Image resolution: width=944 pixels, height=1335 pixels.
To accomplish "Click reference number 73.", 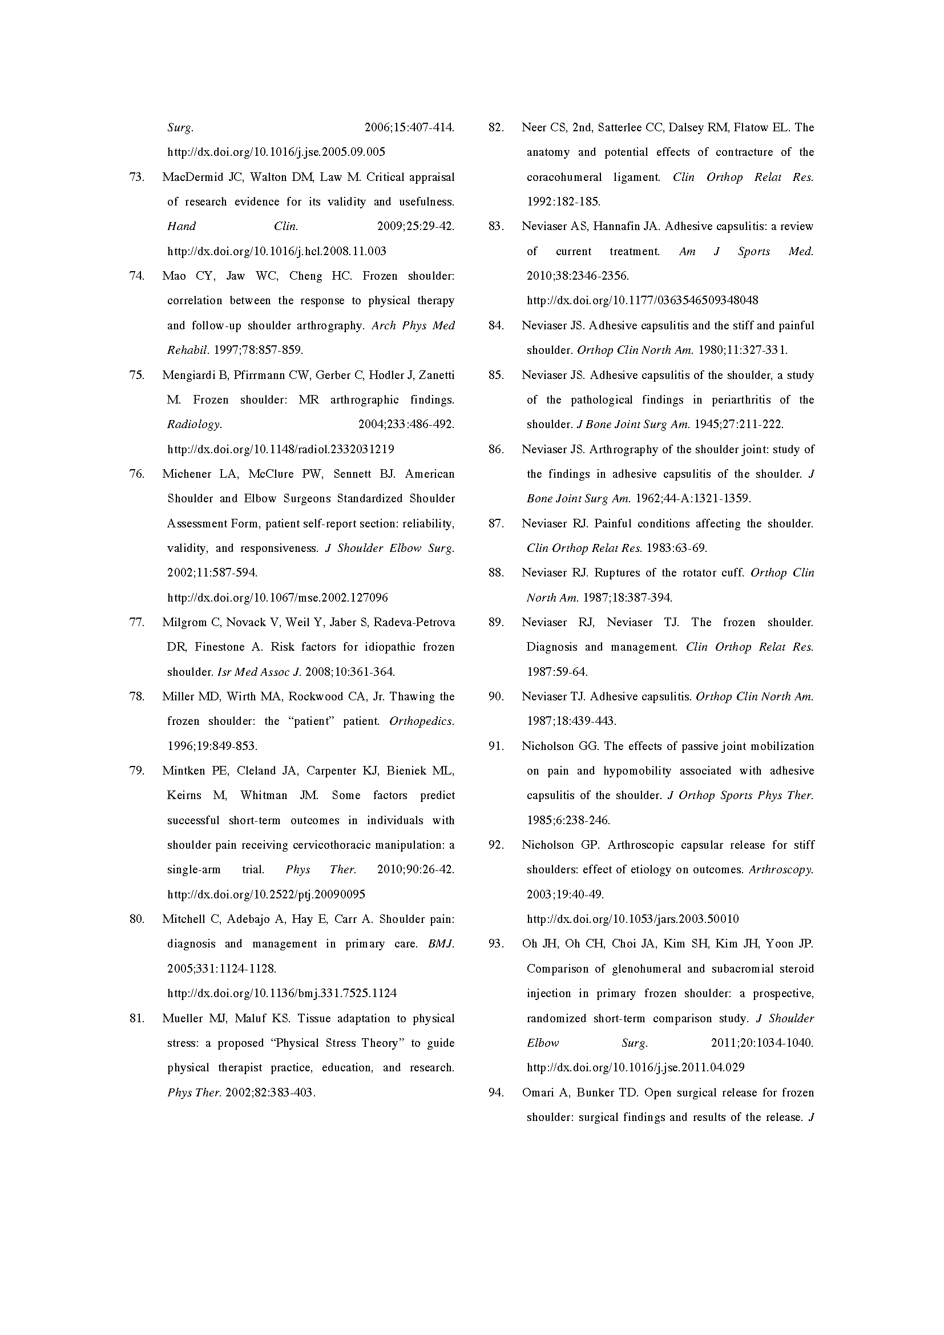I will pyautogui.click(x=136, y=178).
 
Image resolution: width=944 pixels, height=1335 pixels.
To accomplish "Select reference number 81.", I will pyautogui.click(x=136, y=1018).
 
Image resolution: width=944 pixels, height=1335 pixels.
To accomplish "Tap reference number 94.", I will pyautogui.click(x=496, y=1092).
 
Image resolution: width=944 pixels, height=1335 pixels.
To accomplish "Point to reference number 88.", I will pyautogui.click(x=496, y=572).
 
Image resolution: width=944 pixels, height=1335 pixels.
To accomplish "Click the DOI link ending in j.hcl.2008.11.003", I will pyautogui.click(x=277, y=251).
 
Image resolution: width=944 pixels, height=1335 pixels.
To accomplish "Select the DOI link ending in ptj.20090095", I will pyautogui.click(x=266, y=894).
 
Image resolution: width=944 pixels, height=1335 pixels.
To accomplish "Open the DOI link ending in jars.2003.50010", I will pyautogui.click(x=632, y=919).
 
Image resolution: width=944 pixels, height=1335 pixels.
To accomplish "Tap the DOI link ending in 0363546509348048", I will pyautogui.click(x=642, y=301).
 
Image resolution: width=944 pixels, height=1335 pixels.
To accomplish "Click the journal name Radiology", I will pyautogui.click(x=194, y=425).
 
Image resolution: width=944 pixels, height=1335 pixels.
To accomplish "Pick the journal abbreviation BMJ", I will pyautogui.click(x=441, y=943).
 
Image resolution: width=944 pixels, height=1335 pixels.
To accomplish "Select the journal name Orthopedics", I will pyautogui.click(x=421, y=721).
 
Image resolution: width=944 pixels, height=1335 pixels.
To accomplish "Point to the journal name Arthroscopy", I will pyautogui.click(x=781, y=870).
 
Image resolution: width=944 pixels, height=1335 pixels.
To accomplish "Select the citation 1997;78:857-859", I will pyautogui.click(x=259, y=350).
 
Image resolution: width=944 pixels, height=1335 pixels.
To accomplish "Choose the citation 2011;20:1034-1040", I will pyautogui.click(x=762, y=1043).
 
